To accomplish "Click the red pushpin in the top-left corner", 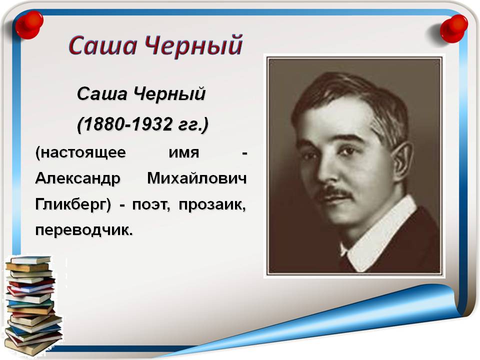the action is [29, 25].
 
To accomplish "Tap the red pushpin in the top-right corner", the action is [453, 28].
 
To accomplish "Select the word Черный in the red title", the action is [193, 46].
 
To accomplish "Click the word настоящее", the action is [80, 152].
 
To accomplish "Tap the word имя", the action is [183, 152].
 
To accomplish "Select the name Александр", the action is [78, 178].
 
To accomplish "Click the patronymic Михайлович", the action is [197, 178].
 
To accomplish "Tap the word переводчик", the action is [84, 230].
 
